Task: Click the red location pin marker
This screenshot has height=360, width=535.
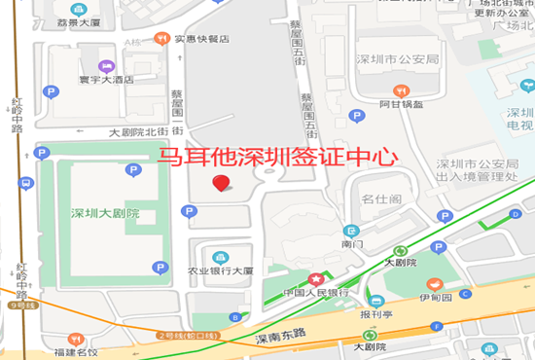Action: click(222, 182)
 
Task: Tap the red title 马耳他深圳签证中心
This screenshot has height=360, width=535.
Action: click(278, 156)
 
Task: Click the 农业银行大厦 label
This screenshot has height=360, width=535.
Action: click(221, 271)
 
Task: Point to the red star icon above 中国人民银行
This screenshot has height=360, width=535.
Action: click(314, 278)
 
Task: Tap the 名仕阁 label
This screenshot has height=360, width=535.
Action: click(381, 199)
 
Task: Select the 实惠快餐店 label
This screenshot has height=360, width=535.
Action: click(201, 40)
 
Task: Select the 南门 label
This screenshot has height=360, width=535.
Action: click(351, 245)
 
